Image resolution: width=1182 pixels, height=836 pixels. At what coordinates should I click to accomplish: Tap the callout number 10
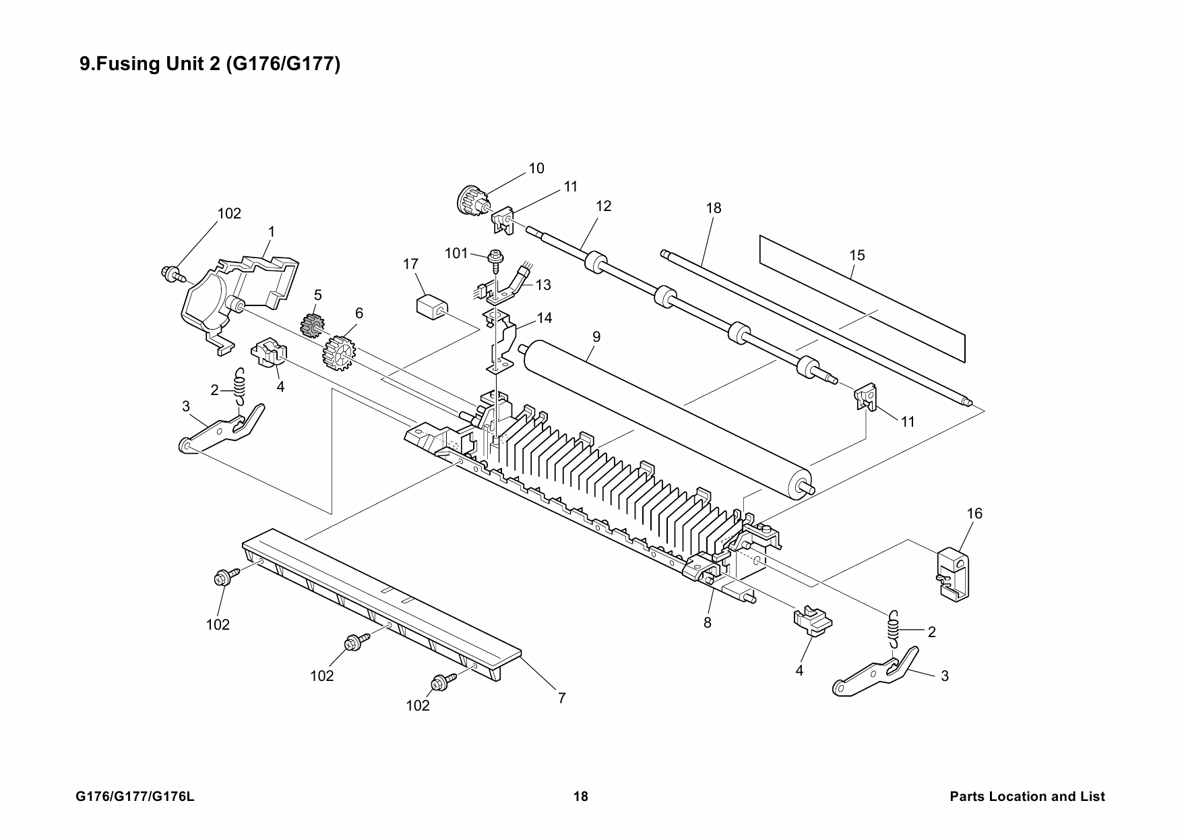(x=536, y=169)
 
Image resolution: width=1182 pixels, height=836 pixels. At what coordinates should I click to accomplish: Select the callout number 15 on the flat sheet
(x=857, y=256)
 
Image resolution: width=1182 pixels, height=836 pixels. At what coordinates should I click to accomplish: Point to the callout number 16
(x=974, y=514)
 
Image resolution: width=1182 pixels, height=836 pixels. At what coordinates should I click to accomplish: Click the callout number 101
(x=456, y=253)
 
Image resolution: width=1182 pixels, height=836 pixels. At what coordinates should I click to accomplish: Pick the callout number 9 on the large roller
(x=596, y=336)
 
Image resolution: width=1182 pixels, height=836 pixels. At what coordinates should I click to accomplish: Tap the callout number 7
(x=561, y=698)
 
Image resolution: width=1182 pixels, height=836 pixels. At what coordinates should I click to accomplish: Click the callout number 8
(x=708, y=623)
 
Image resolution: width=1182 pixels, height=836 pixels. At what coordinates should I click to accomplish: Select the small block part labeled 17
(x=431, y=307)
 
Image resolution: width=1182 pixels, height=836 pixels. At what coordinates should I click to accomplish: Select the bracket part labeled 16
(x=956, y=574)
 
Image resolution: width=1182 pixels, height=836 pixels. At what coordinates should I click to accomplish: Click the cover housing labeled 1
(x=241, y=297)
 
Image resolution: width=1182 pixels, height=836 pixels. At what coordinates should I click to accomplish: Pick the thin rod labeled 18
(x=815, y=328)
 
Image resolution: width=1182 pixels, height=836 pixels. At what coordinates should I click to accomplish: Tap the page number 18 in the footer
(x=580, y=797)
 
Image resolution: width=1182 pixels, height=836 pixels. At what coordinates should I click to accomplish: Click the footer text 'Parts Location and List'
(x=1027, y=797)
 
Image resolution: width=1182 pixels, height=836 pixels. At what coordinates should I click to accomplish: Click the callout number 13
(x=543, y=285)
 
